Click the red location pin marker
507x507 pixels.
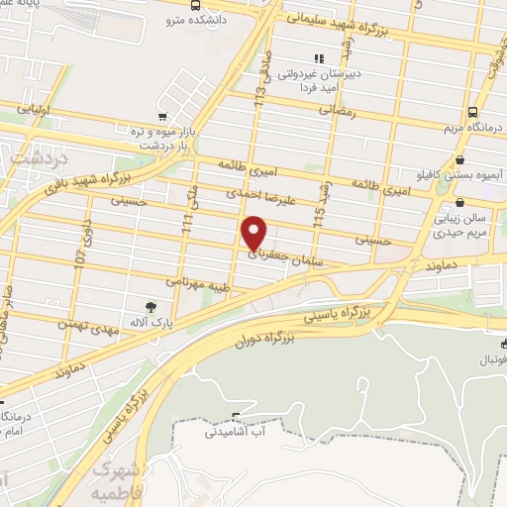click(x=254, y=234)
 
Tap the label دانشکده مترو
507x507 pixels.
click(x=208, y=17)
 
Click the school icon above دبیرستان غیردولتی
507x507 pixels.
click(x=319, y=58)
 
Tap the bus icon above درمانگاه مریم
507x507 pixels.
click(x=473, y=112)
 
